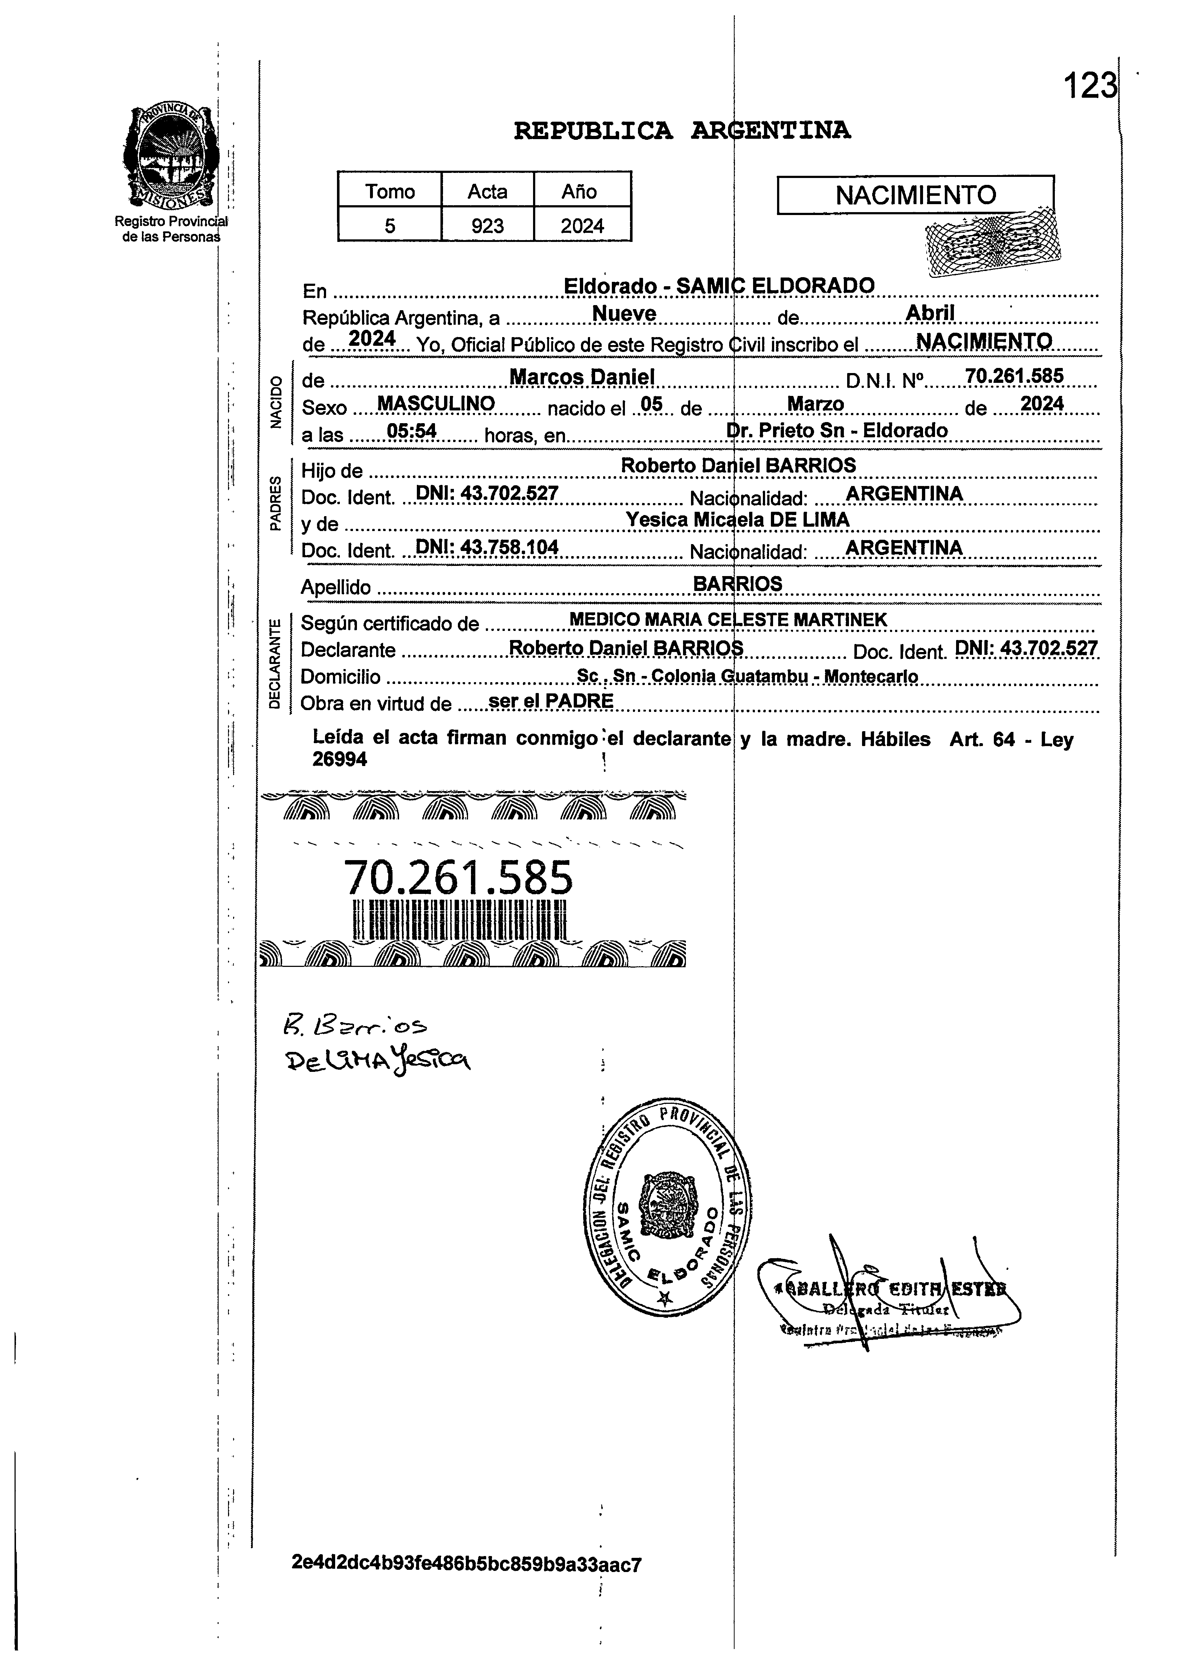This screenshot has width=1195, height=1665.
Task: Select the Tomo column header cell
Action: (390, 192)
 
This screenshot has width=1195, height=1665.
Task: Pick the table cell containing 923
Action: (487, 225)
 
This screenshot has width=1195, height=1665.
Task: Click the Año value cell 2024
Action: (582, 225)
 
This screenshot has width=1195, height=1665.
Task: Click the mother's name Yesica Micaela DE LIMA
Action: (737, 520)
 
